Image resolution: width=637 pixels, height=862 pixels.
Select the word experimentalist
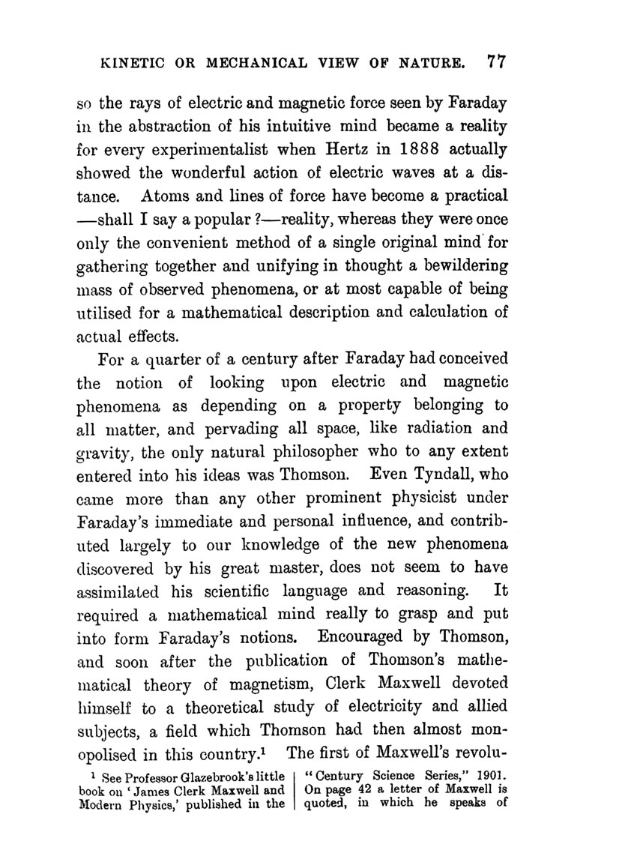click(207, 149)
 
